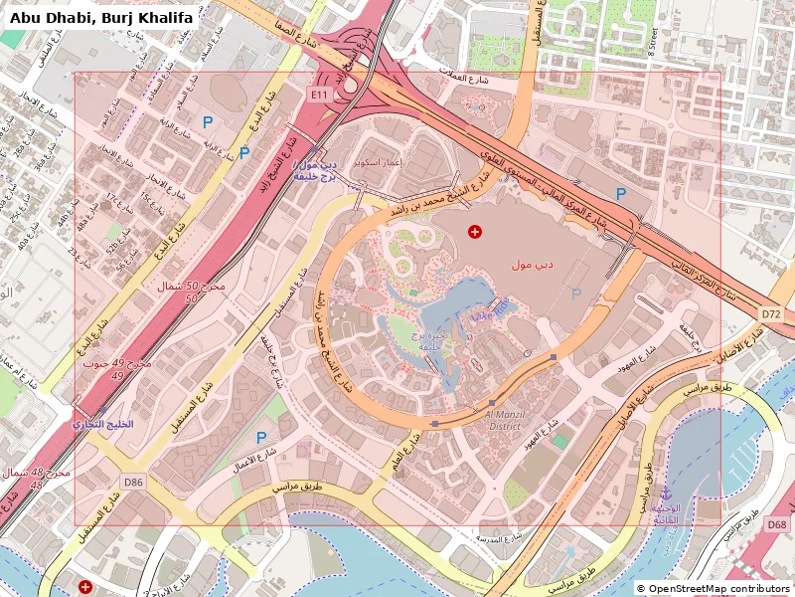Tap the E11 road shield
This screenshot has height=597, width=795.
pos(319,94)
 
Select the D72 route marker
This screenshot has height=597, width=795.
pos(771,313)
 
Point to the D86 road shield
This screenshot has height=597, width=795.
pos(133,482)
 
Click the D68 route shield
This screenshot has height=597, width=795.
pos(776,524)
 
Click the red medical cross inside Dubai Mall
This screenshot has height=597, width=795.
pos(475,232)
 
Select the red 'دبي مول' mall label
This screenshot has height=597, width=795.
pos(532,265)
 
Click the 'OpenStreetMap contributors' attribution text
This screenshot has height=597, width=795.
pos(714,588)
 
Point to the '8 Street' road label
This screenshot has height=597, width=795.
pos(653,40)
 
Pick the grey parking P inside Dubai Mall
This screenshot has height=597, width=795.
pos(575,294)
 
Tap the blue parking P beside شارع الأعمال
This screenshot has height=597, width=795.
pos(261,437)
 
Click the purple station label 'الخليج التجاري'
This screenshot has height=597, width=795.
pos(104,424)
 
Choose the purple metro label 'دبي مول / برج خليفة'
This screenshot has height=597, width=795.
pos(316,170)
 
